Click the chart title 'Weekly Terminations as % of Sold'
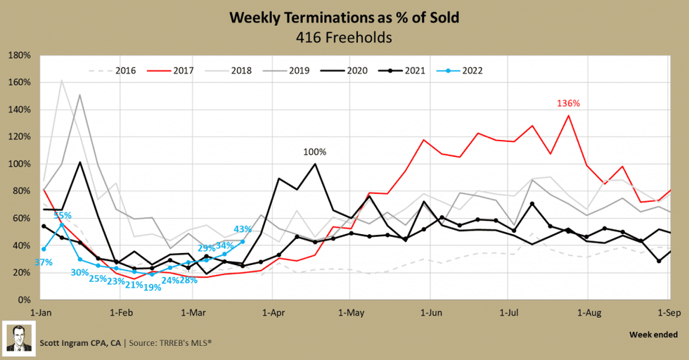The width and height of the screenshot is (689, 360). (x=344, y=17)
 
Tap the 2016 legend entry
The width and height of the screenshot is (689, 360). (x=117, y=70)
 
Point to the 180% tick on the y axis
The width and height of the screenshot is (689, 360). (x=19, y=55)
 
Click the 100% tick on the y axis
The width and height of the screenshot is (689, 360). (x=19, y=164)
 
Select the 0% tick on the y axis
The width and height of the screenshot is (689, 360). (x=23, y=300)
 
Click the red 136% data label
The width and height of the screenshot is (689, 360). (x=568, y=103)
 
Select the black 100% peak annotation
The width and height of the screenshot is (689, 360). (x=314, y=151)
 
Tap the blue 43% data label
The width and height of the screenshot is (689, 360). (x=243, y=229)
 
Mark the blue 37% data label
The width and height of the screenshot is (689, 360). (x=44, y=262)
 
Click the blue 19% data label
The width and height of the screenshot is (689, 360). (x=152, y=287)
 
